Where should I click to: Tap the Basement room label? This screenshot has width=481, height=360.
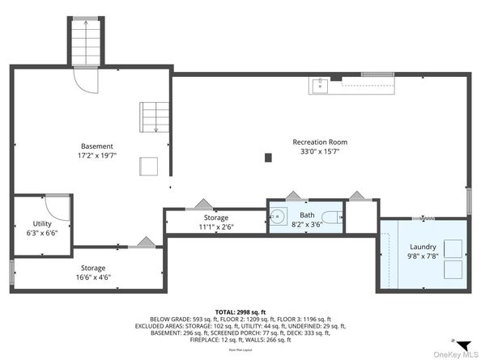[97, 146]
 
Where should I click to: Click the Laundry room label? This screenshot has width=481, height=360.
[423, 247]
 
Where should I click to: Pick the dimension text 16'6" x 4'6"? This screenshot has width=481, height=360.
[92, 277]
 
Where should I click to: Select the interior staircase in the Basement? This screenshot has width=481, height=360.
[152, 116]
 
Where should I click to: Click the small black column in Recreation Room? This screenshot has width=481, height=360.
[268, 158]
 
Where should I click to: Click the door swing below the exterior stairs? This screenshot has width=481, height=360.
[85, 78]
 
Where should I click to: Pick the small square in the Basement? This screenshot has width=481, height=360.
[149, 165]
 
